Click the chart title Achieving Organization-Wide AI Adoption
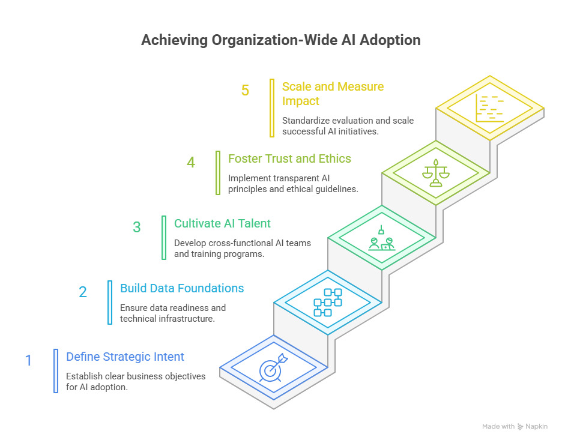click(280, 40)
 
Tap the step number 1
click(28, 361)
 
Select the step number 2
click(83, 292)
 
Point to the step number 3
click(137, 228)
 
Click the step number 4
click(191, 162)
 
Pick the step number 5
click(245, 91)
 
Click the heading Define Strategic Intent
click(125, 357)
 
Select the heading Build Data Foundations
click(182, 288)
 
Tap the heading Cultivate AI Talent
click(222, 224)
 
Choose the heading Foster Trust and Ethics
click(289, 158)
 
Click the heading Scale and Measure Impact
click(333, 94)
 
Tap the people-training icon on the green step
click(381, 238)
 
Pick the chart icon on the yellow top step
click(490, 108)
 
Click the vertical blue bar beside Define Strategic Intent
click(56, 371)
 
